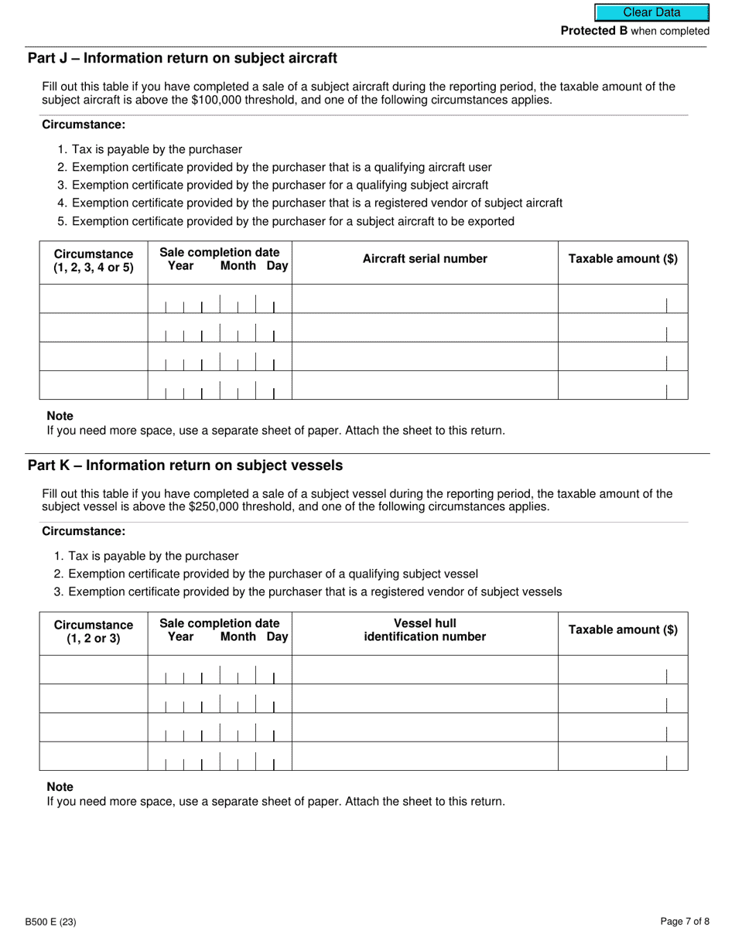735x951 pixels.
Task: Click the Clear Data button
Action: click(651, 12)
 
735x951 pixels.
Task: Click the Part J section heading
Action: click(183, 58)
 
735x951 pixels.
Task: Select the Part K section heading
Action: click(185, 465)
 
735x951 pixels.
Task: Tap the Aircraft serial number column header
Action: click(425, 259)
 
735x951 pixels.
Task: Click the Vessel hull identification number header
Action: click(425, 630)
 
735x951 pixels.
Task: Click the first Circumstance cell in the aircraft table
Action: click(94, 298)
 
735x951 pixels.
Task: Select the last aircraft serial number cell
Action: click(425, 385)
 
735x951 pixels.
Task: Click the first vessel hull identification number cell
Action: click(425, 670)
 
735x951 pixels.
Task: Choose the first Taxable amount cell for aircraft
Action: click(622, 298)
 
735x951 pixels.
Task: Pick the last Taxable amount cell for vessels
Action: click(622, 756)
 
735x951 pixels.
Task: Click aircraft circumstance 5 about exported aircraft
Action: click(292, 221)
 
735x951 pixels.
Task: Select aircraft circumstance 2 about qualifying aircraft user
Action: click(282, 167)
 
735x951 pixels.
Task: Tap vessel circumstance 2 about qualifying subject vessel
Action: click(272, 574)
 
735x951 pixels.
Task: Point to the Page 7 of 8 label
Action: click(685, 921)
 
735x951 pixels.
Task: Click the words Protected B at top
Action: click(593, 31)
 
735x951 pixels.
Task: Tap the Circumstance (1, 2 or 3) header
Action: click(94, 631)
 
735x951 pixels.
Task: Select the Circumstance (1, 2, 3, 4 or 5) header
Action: click(94, 261)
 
